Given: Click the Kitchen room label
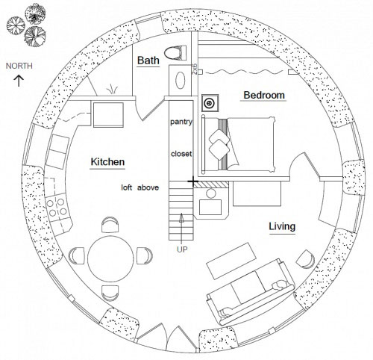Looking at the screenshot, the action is pyautogui.click(x=107, y=162).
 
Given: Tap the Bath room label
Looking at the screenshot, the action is pyautogui.click(x=148, y=60).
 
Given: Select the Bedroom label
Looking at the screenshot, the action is pyautogui.click(x=264, y=95).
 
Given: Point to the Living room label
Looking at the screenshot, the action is pyautogui.click(x=282, y=226).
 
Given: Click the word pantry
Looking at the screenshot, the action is pyautogui.click(x=181, y=122).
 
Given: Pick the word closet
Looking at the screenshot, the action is pyautogui.click(x=181, y=154).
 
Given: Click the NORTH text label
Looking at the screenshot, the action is pyautogui.click(x=19, y=66).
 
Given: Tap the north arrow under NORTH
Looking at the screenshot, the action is pyautogui.click(x=19, y=81).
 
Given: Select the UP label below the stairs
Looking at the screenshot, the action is pyautogui.click(x=182, y=249).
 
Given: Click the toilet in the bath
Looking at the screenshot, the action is pyautogui.click(x=175, y=52).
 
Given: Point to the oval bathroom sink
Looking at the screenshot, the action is pyautogui.click(x=181, y=80).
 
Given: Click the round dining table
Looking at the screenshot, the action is pyautogui.click(x=110, y=258).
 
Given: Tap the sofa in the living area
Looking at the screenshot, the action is pyautogui.click(x=251, y=292).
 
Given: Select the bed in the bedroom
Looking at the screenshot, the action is pyautogui.click(x=239, y=144).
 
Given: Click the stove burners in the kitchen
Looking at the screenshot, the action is pyautogui.click(x=57, y=208).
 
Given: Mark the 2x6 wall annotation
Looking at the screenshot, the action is pyautogui.click(x=195, y=69).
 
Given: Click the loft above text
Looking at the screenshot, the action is pyautogui.click(x=140, y=187).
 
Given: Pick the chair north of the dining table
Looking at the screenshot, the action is pyautogui.click(x=110, y=224).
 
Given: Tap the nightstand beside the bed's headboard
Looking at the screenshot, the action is pyautogui.click(x=210, y=103).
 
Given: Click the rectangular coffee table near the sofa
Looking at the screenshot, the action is pyautogui.click(x=231, y=261).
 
